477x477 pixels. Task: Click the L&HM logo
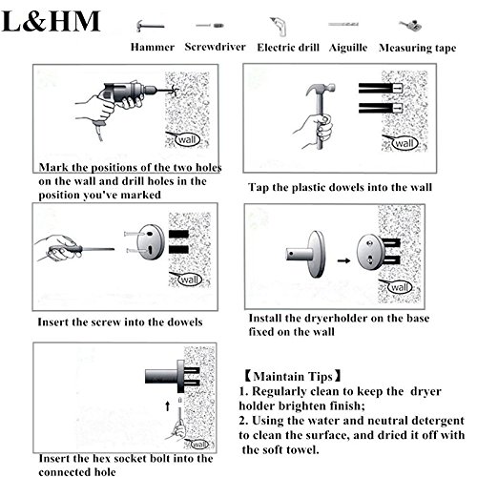click(51, 21)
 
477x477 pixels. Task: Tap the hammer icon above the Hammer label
click(150, 26)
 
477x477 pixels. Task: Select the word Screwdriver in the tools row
click(215, 47)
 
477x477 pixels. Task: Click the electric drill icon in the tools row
click(279, 27)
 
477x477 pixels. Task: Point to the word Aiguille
click(348, 48)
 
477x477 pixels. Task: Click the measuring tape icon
click(410, 25)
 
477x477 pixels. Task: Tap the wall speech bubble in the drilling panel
click(187, 139)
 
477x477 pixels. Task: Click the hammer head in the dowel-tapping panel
click(321, 89)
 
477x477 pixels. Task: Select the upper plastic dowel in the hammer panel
click(381, 88)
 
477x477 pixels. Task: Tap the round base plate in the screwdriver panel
click(151, 242)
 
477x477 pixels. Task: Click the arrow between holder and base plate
click(343, 260)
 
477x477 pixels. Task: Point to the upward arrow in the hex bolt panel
click(168, 405)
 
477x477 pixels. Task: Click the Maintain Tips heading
click(293, 376)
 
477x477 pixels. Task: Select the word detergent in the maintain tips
click(438, 421)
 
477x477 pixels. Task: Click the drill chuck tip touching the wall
click(171, 91)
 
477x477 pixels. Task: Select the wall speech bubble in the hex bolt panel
click(199, 444)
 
